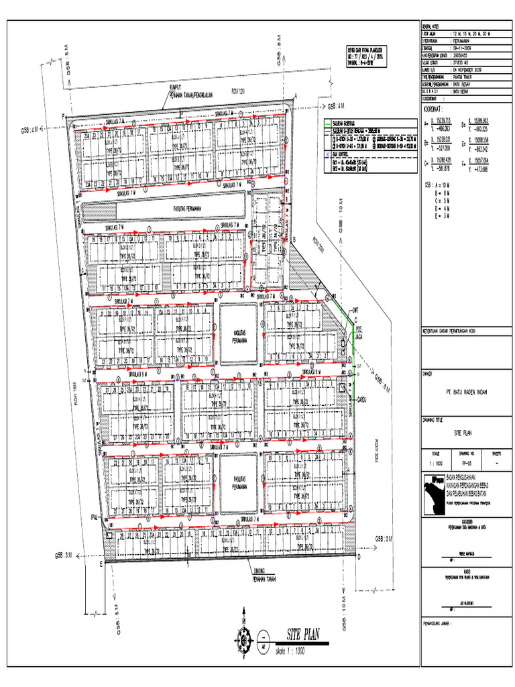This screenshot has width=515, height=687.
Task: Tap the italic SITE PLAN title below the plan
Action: pyautogui.click(x=302, y=633)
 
